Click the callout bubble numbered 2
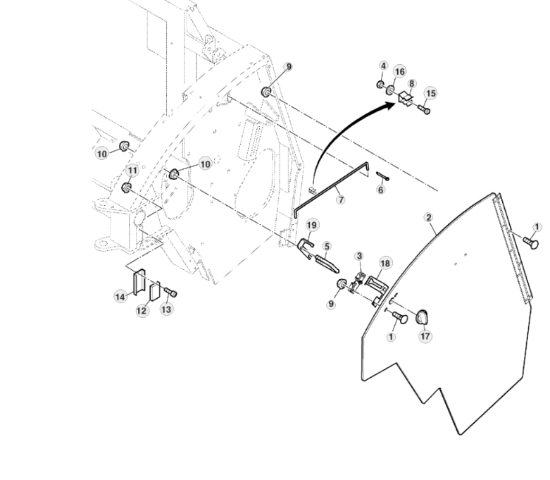429,217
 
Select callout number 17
425,336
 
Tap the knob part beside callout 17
422,317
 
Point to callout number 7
341,200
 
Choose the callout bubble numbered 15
431,93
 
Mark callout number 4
383,66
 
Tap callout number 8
412,84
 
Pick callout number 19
312,225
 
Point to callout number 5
327,246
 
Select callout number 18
385,262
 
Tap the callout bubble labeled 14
121,297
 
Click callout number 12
143,310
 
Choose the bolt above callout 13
170,293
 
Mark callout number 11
132,171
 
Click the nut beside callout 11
127,187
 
